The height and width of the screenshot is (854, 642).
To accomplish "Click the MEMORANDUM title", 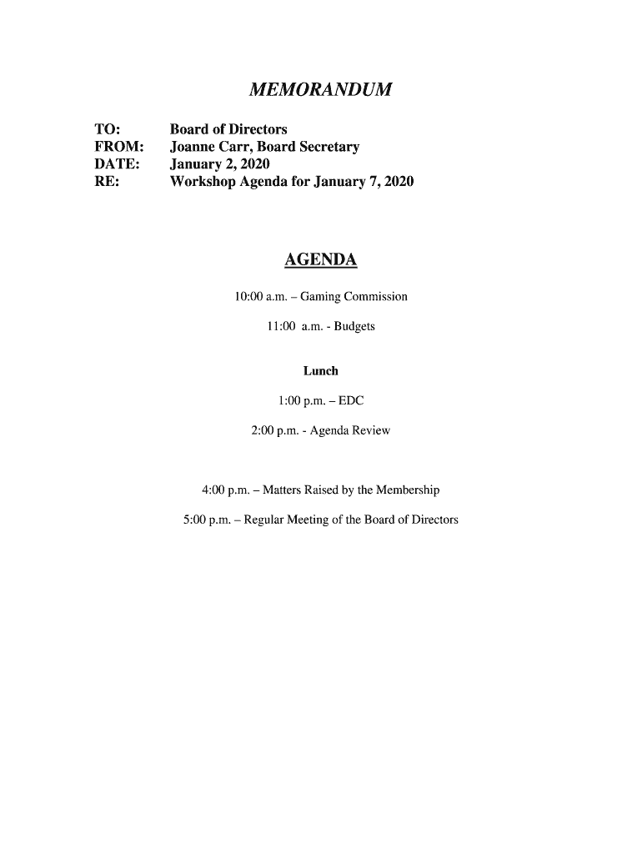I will coord(320,89).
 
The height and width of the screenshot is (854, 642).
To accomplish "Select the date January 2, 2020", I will coord(219,164).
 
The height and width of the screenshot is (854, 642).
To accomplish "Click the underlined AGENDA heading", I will coord(320,261).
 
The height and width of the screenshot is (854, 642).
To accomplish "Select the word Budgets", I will coord(354,326).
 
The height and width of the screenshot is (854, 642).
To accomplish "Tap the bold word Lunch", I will coord(320,371).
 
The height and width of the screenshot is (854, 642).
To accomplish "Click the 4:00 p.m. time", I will coord(225,490).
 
